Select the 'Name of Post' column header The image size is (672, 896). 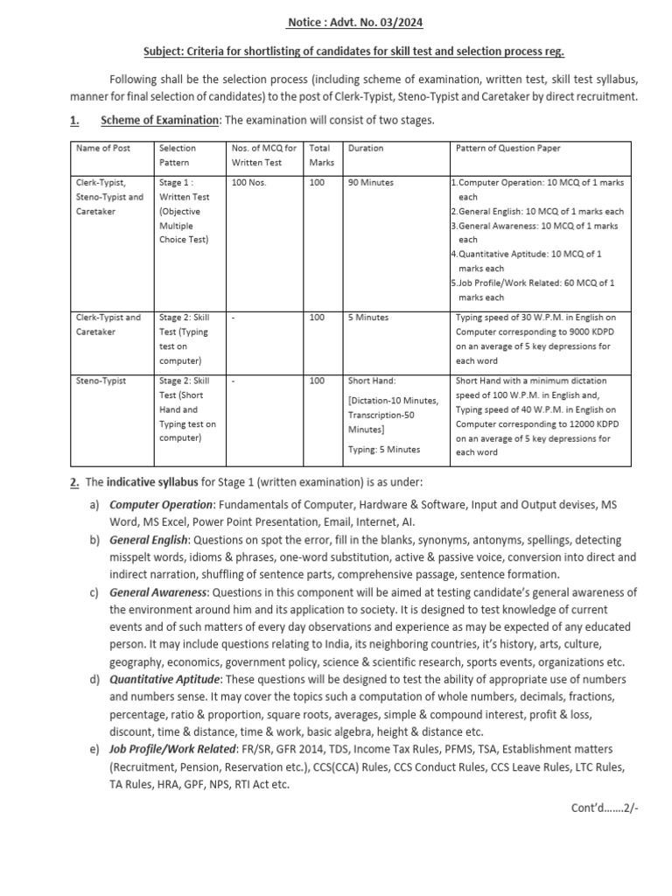104,148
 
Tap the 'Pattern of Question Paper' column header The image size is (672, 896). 508,148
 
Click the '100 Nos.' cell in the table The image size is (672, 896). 250,182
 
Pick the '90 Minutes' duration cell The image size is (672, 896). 371,182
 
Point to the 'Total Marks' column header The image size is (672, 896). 322,155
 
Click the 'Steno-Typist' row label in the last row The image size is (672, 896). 102,381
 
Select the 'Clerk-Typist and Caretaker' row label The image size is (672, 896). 108,325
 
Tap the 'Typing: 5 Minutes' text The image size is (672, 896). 383,449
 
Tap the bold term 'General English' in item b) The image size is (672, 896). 148,540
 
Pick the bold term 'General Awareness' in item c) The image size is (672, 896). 157,592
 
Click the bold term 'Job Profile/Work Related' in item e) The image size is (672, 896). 174,749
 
